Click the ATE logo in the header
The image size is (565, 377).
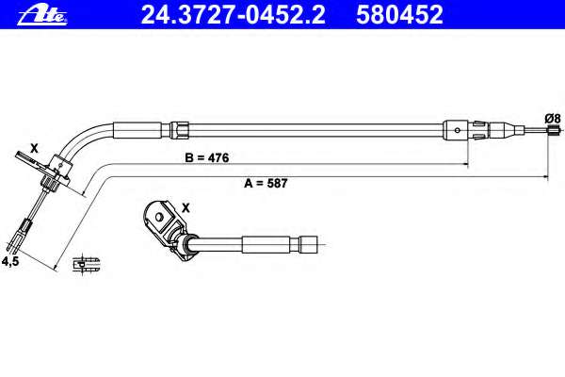coord(42,15)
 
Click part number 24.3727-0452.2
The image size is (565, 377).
coord(233,14)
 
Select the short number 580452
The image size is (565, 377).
coord(399,14)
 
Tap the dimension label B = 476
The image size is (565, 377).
coord(207,157)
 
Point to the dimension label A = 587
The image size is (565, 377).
coord(266,183)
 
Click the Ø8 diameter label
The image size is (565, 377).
coord(553,119)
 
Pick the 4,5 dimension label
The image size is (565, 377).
coord(10,261)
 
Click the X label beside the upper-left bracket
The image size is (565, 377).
coord(34,148)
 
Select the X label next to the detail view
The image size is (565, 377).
coord(186,207)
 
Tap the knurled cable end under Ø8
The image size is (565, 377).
coord(553,131)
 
